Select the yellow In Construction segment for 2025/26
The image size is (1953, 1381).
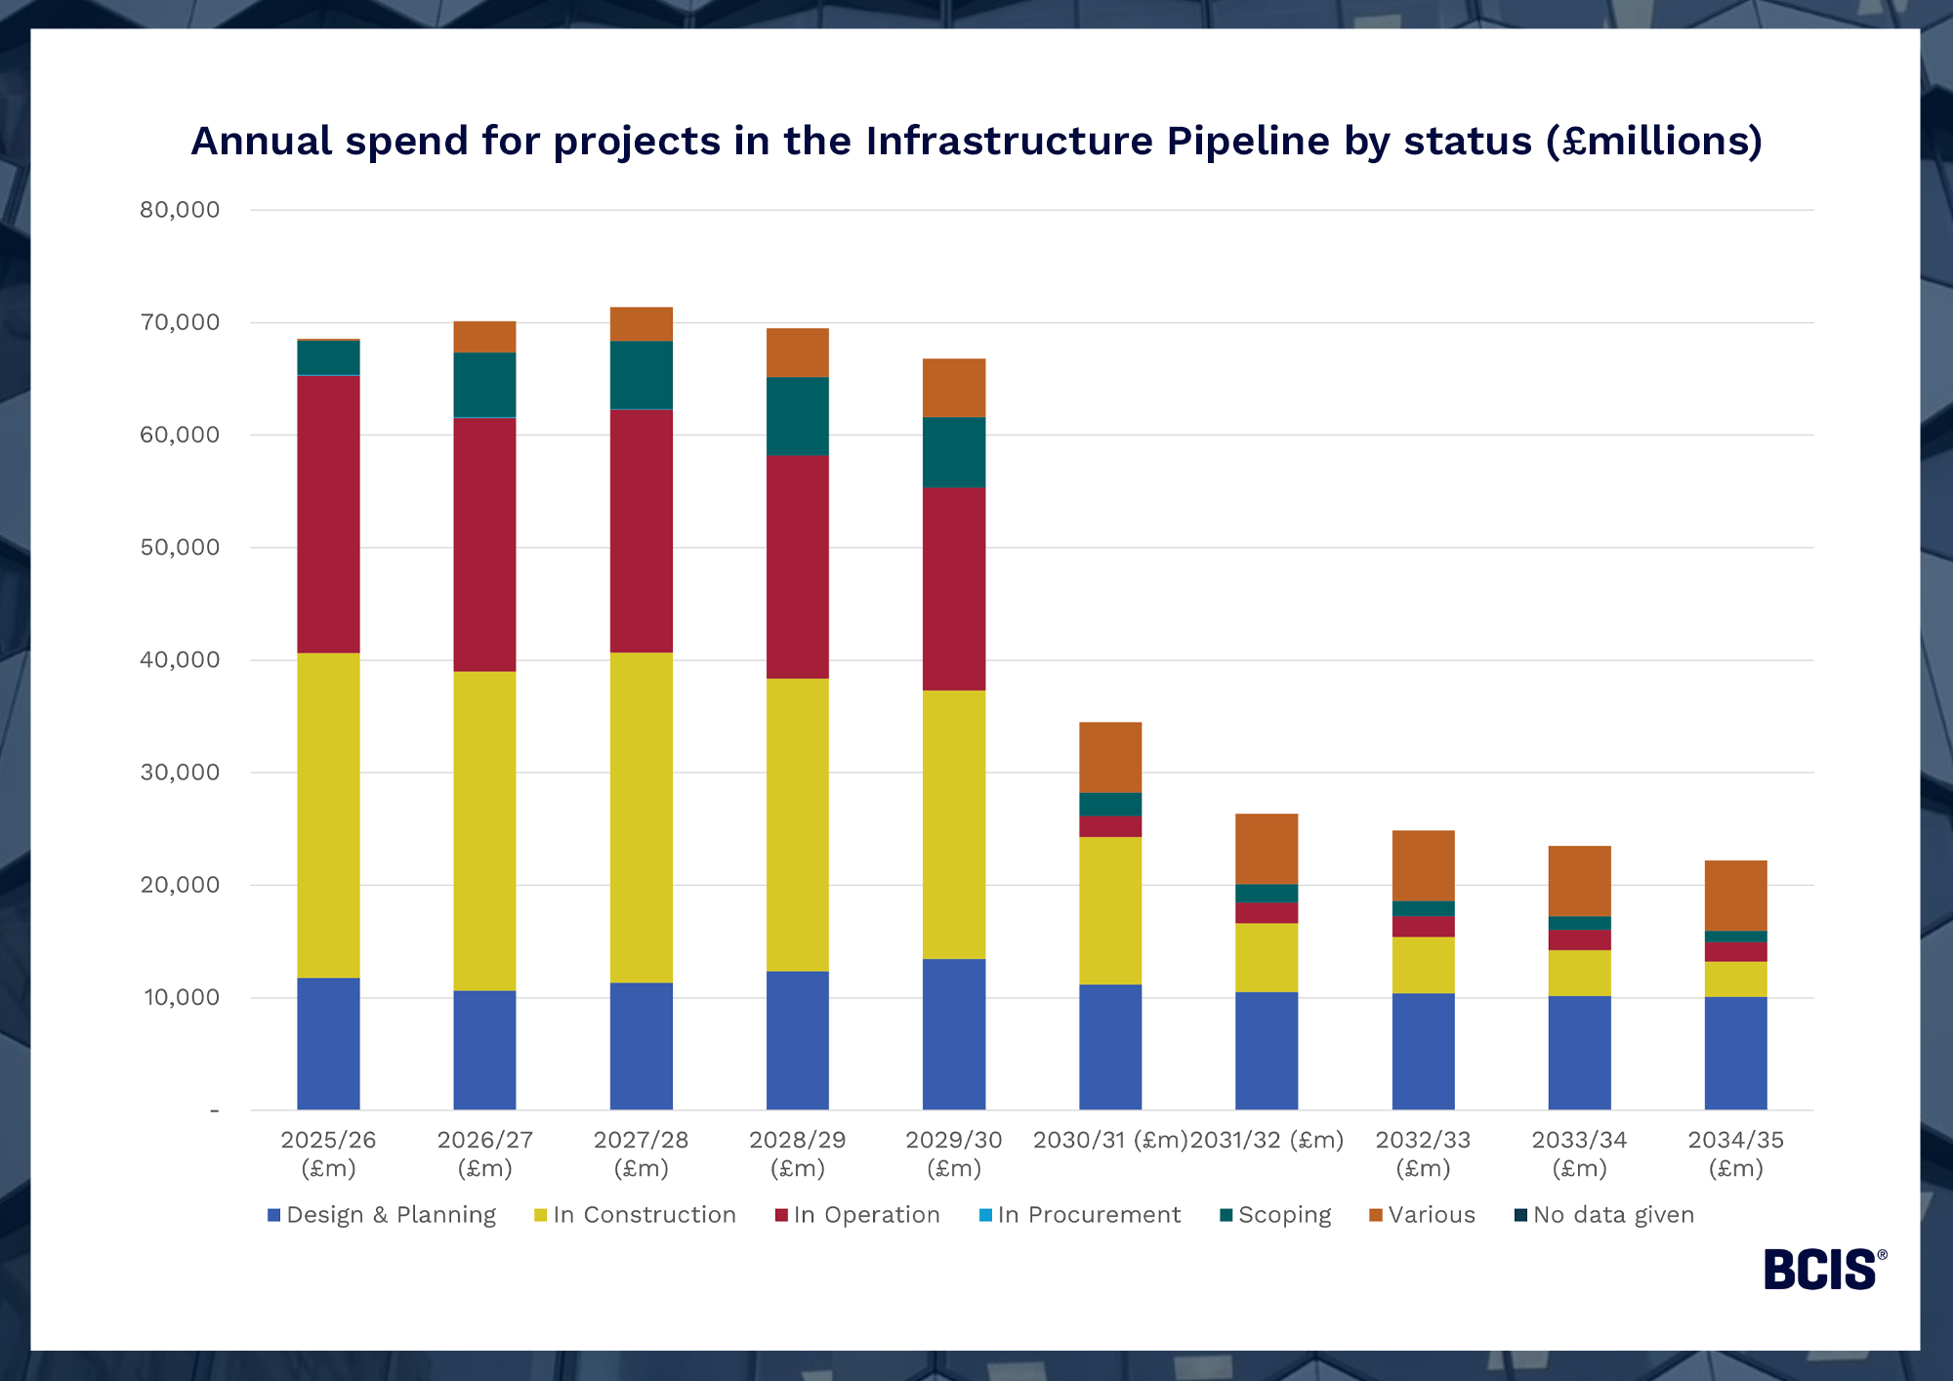328,816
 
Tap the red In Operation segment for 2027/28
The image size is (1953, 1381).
641,530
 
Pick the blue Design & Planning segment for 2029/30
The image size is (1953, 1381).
953,1034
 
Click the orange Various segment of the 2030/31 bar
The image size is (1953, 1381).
1110,757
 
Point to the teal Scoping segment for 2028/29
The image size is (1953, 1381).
797,416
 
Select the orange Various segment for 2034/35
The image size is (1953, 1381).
1735,896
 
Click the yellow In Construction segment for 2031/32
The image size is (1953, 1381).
1267,957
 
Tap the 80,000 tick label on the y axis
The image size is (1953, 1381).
180,210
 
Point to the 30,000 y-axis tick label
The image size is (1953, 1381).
180,773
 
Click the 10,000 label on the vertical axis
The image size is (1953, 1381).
182,997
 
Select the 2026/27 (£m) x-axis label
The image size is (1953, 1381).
484,1153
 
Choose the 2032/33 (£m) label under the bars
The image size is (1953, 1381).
1423,1153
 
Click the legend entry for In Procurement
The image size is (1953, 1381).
1088,1215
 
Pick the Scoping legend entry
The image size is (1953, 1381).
1283,1215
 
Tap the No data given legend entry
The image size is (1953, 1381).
1612,1215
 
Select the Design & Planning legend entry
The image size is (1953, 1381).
390,1215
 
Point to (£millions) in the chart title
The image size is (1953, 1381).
1654,141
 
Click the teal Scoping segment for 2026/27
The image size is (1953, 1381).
484,385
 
